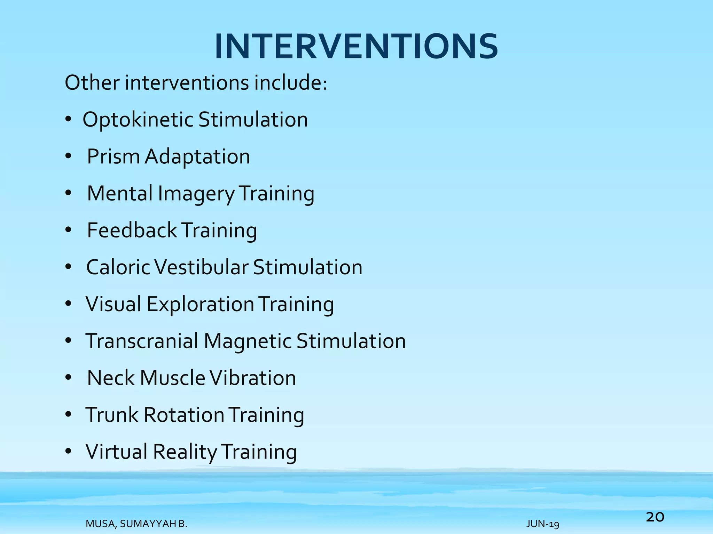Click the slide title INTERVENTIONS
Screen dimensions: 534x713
coord(356,47)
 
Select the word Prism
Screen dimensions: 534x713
coord(113,156)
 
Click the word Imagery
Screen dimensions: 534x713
coord(196,193)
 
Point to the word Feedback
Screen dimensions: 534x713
coord(132,230)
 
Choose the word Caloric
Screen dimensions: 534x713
coord(118,267)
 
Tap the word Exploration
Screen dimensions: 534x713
coord(200,304)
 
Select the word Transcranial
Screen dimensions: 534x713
coord(142,341)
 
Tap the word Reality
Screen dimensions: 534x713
coord(185,452)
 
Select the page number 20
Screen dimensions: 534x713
coord(655,517)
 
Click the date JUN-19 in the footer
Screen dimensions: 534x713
coord(543,524)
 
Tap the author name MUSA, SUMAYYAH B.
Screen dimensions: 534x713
coord(136,524)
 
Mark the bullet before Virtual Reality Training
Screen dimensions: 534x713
coord(68,452)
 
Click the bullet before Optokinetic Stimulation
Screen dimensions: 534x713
coord(68,120)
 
